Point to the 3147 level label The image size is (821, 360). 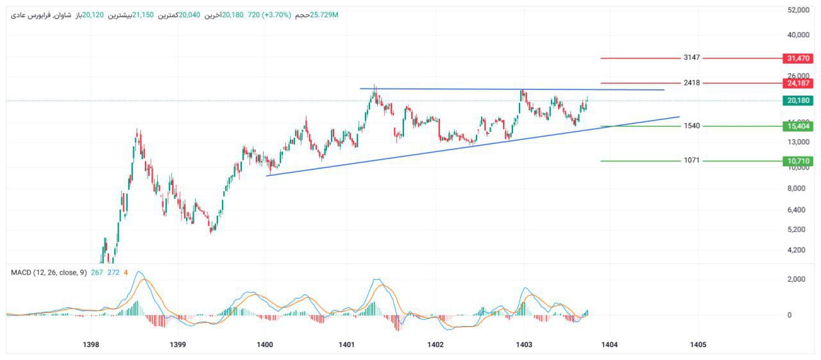691,58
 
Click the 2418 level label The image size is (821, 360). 691,83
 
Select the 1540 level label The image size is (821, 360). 691,126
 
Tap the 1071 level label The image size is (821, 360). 691,160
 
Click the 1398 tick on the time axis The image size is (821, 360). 92,345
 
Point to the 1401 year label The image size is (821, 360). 347,345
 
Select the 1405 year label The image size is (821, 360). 698,345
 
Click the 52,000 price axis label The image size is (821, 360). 798,10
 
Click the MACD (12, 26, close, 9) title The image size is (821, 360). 49,272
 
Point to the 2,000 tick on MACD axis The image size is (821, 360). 798,279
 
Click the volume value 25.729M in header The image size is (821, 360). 324,14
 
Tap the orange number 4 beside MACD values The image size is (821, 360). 126,272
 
